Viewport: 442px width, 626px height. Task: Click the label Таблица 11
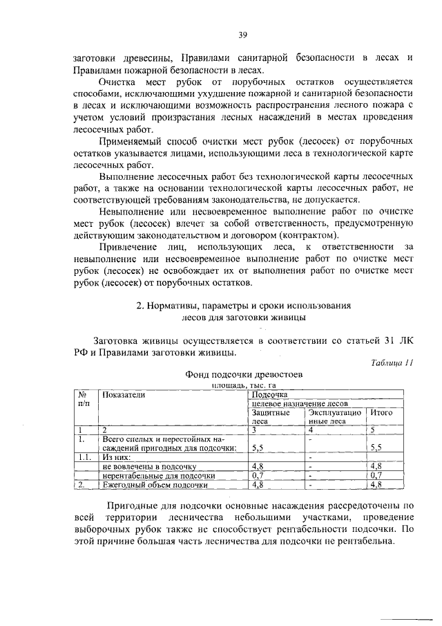click(x=391, y=362)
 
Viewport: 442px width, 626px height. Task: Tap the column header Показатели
click(x=124, y=394)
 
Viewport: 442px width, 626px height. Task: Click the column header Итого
click(x=382, y=412)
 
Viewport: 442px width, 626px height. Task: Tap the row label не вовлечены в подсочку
click(x=149, y=467)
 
